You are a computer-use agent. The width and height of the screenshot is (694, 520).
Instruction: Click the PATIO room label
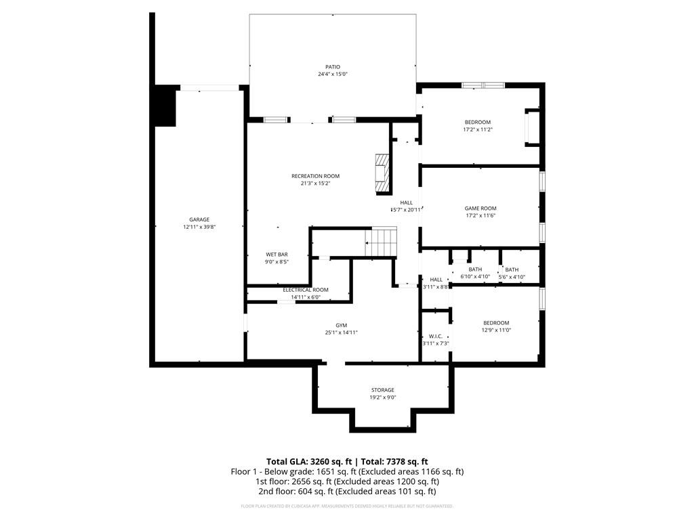pos(332,67)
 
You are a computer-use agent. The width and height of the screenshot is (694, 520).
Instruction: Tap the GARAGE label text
pos(199,219)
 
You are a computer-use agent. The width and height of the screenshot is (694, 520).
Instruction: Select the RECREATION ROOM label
pos(315,176)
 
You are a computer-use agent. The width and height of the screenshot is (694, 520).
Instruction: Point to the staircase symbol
pos(381,242)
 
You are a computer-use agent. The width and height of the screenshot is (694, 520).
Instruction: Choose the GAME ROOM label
pos(481,209)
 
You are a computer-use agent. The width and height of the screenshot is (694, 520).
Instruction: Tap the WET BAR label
pos(277,255)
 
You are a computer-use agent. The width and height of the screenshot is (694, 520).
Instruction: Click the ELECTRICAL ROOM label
pos(305,290)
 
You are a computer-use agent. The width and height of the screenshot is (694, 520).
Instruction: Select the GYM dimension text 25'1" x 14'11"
pos(341,332)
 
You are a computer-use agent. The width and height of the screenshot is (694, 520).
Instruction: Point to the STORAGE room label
pos(382,390)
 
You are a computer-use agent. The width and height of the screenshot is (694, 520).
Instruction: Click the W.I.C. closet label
pos(435,337)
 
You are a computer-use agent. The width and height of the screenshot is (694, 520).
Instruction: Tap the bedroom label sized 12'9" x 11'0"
pos(495,323)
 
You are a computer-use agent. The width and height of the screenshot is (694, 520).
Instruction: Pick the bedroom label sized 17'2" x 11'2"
pos(477,123)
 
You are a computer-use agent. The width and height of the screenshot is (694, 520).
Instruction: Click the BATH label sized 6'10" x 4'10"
pos(475,269)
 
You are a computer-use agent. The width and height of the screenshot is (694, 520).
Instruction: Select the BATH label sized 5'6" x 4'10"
pos(512,269)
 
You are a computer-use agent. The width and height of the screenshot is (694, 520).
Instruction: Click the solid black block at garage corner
pos(165,106)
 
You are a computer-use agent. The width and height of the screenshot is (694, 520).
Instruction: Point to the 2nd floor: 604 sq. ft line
pos(346,492)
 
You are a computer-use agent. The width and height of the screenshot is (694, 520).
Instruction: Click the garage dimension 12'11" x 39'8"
pos(199,227)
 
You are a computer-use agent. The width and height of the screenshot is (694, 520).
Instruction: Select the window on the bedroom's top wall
pos(483,85)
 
